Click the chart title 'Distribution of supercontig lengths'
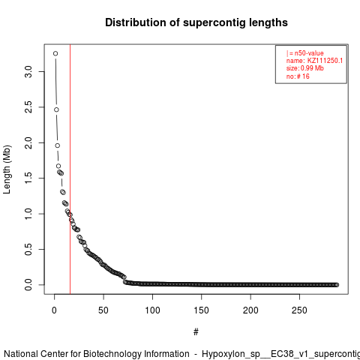(x=196, y=22)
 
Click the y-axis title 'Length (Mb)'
(x=7, y=169)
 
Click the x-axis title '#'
(x=196, y=332)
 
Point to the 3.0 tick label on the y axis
(x=28, y=71)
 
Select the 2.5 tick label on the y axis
(x=28, y=107)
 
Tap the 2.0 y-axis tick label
(x=28, y=142)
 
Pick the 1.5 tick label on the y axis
(x=28, y=178)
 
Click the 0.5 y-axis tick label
(x=28, y=249)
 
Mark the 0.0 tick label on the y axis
(x=28, y=285)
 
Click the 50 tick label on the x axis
(x=103, y=310)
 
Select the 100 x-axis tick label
(x=152, y=310)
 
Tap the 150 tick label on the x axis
(x=201, y=310)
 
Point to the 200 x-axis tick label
(x=250, y=310)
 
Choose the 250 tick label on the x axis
(x=299, y=310)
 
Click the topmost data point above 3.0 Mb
(x=55, y=53)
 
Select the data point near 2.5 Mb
(x=56, y=109)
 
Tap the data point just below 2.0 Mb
(x=58, y=145)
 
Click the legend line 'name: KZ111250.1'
(x=314, y=61)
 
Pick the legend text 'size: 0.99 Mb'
(x=305, y=68)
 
